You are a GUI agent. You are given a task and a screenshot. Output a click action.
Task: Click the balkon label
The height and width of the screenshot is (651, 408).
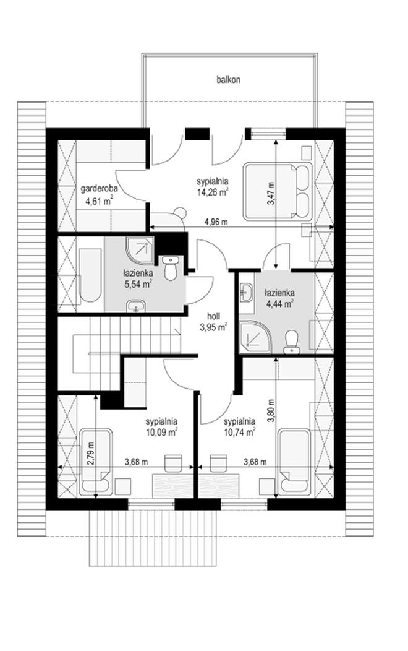coord(228,80)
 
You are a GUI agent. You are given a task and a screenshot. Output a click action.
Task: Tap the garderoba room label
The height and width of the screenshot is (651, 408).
coord(99,189)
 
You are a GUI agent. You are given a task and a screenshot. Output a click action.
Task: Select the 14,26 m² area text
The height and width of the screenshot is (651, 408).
coord(213,192)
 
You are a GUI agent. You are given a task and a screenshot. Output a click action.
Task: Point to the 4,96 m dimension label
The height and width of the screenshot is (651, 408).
coord(216,222)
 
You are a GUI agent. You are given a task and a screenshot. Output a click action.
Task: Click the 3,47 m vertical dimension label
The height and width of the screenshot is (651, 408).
coord(271,193)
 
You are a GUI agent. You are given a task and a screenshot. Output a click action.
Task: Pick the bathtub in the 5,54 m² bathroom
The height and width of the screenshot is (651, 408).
coord(90,275)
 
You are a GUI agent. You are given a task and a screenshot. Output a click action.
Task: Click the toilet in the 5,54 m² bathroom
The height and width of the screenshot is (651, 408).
coord(170,268)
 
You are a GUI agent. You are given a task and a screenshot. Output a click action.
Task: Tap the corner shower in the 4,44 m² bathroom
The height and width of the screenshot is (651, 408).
coord(254,335)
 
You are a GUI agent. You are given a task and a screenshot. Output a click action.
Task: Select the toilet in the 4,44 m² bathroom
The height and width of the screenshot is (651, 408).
coord(292,342)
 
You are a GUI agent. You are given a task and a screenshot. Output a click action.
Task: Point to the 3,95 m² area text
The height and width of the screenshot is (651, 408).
coord(213,327)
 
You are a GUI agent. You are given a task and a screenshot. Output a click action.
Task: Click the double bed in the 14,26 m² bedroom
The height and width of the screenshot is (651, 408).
coord(278,191)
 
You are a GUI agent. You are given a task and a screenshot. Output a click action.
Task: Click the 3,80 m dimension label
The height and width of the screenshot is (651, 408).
coord(271,411)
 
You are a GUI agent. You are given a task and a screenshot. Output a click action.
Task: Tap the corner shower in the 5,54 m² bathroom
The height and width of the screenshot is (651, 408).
coord(139,250)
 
